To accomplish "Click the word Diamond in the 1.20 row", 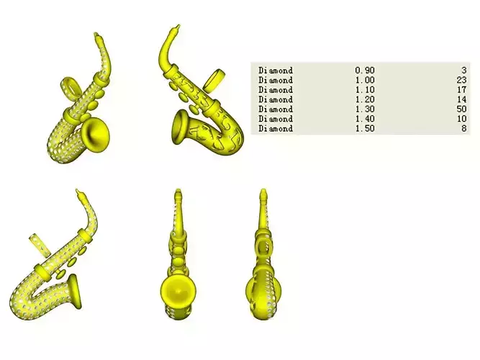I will click(x=276, y=99).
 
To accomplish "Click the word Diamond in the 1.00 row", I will click(x=276, y=80).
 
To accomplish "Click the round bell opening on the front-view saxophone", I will click(x=177, y=292).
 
